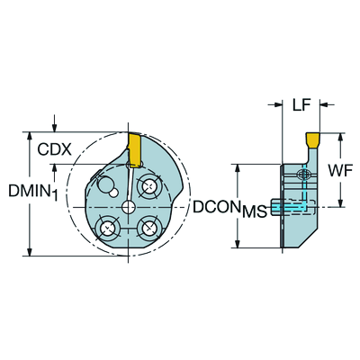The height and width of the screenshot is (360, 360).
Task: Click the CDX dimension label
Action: [55, 149]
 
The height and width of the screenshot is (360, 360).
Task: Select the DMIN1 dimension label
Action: [33, 192]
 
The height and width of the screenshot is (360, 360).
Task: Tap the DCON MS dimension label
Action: [229, 208]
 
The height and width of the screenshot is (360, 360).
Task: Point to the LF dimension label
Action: [301, 105]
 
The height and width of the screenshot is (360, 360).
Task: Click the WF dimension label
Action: [340, 171]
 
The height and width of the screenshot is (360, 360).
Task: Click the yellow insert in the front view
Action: [134, 149]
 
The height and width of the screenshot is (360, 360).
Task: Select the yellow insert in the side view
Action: [312, 139]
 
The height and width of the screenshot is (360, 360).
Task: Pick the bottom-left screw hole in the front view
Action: [107, 229]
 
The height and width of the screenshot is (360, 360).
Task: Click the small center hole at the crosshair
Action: [128, 207]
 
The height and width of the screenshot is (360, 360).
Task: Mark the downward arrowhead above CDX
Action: [54, 128]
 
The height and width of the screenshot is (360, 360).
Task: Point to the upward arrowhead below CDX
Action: [54, 168]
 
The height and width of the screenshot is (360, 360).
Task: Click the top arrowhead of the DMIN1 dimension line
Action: [30, 136]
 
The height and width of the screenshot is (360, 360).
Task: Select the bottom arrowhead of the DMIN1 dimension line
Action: [30, 252]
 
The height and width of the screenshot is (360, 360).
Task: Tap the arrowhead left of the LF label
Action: [278, 104]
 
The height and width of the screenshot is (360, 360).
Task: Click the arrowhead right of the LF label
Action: [324, 104]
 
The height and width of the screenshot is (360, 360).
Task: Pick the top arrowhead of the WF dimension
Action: [341, 137]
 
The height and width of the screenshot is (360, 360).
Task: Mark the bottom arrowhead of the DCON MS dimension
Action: [238, 244]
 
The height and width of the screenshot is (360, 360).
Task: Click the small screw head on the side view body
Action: [303, 174]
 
